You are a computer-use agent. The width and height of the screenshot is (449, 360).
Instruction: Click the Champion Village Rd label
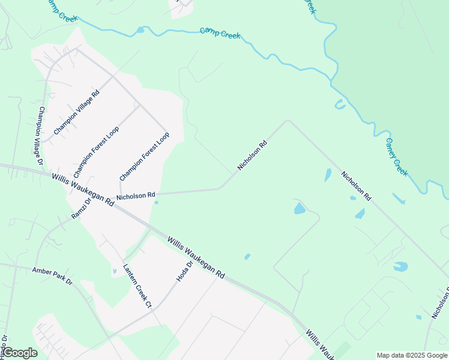79,109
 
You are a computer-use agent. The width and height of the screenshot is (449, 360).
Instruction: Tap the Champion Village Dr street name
41,136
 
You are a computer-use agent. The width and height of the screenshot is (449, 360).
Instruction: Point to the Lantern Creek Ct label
137,286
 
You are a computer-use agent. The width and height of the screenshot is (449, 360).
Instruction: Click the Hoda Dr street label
184,271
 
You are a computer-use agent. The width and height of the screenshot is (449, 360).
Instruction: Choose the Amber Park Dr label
52,277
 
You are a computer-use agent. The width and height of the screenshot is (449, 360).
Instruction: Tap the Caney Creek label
396,157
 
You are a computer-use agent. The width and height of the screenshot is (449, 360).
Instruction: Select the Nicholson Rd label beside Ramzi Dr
136,196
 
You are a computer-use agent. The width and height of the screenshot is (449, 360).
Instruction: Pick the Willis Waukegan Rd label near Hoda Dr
196,257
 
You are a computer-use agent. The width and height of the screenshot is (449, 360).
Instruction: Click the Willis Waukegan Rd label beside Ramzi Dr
83,189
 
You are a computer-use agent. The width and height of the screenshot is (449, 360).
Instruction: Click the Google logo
20,353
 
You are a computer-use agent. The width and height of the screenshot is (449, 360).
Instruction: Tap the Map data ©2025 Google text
411,355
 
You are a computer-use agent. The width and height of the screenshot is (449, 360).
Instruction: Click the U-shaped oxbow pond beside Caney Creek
340,105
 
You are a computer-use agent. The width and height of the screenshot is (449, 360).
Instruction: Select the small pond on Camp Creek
140,29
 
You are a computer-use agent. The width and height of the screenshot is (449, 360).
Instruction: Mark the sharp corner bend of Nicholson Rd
288,121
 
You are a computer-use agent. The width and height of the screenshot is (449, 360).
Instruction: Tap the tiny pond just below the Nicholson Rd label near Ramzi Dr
156,202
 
